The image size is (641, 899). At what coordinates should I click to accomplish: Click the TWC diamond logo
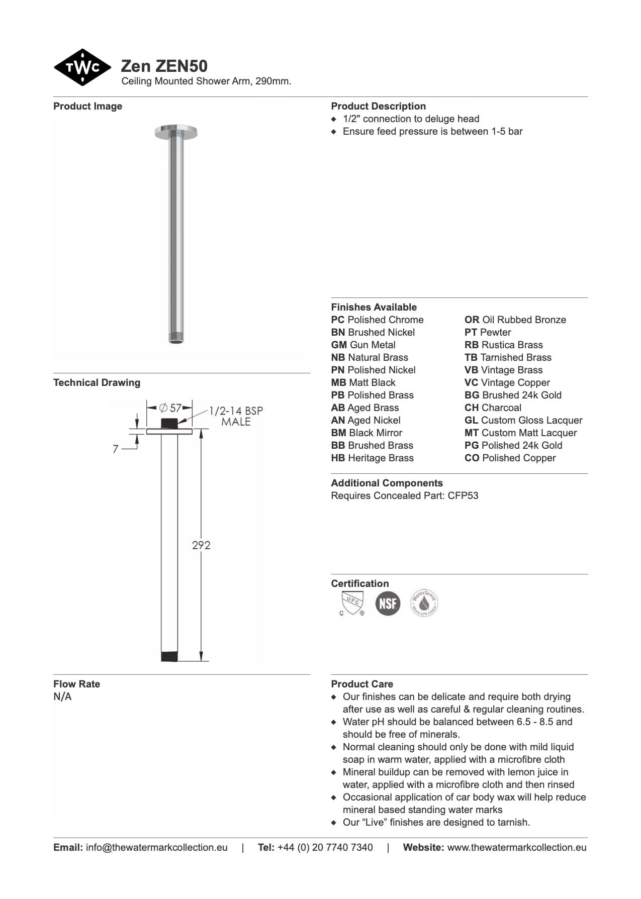pyautogui.click(x=82, y=67)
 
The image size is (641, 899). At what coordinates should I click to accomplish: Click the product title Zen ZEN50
pyautogui.click(x=164, y=66)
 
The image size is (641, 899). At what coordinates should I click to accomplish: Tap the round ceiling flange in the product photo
pyautogui.click(x=176, y=132)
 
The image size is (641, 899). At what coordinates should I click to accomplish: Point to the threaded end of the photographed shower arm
pyautogui.click(x=176, y=337)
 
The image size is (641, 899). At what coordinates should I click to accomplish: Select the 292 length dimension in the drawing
pyautogui.click(x=201, y=545)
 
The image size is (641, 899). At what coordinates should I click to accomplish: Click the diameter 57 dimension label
pyautogui.click(x=170, y=408)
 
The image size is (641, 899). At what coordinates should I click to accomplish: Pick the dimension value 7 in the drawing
pyautogui.click(x=116, y=449)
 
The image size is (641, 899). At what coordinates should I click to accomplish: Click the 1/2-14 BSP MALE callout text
pyautogui.click(x=236, y=416)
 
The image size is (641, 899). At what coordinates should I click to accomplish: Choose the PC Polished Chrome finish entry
pyautogui.click(x=377, y=320)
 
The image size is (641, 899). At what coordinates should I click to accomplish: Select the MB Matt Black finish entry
pyautogui.click(x=363, y=382)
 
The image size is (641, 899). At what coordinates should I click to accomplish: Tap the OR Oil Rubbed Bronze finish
pyautogui.click(x=515, y=320)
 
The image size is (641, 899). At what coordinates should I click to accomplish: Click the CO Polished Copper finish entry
pyautogui.click(x=510, y=458)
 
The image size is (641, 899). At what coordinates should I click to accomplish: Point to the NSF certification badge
pyautogui.click(x=388, y=604)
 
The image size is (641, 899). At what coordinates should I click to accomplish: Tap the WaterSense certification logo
pyautogui.click(x=424, y=604)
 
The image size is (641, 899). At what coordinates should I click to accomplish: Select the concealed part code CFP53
pyautogui.click(x=463, y=495)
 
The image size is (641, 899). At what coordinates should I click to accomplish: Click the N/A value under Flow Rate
pyautogui.click(x=62, y=696)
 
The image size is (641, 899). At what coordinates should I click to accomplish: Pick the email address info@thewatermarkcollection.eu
pyautogui.click(x=156, y=847)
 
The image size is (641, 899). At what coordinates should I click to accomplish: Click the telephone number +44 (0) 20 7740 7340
pyautogui.click(x=325, y=847)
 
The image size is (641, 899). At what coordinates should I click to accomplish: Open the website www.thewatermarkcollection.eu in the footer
pyautogui.click(x=516, y=847)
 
